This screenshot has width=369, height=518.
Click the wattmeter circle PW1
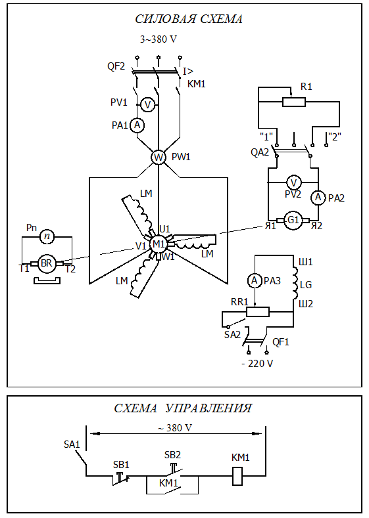pos(159,158)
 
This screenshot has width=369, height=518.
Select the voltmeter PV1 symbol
pos(147,105)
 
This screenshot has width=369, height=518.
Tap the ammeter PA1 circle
pos(137,125)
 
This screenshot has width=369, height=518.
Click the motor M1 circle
pos(159,244)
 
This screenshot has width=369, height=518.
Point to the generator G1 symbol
pos(293,221)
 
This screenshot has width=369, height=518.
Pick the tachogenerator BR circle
pos(47,264)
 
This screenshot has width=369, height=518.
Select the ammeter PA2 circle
pos(318,198)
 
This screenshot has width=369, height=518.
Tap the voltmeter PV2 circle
pos(293,183)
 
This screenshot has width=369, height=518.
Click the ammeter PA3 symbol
pos(255,281)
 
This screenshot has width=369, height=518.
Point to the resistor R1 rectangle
pos(294,102)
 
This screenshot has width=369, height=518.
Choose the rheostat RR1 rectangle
pos(258,312)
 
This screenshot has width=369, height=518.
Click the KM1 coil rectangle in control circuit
pos(237,476)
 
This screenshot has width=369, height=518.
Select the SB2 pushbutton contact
pos(173,471)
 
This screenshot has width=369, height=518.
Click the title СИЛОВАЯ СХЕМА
pos(189,19)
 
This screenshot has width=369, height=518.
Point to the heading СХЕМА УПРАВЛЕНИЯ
pos(183,408)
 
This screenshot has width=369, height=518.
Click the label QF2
pos(116,66)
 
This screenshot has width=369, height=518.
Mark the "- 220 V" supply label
pos(257,364)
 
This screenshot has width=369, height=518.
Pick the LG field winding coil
pos(295,284)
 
